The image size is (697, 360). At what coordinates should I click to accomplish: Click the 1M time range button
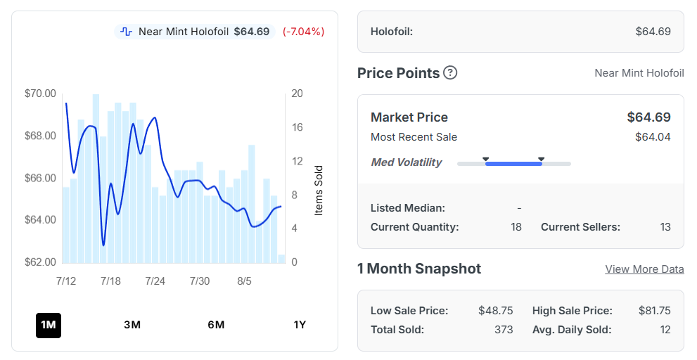[x=49, y=326]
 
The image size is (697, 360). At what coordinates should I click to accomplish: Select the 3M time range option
[x=132, y=325]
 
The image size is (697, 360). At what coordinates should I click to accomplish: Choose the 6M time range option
[x=216, y=325]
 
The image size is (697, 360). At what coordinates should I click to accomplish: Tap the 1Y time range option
[x=300, y=325]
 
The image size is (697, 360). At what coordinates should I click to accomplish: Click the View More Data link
[x=644, y=269]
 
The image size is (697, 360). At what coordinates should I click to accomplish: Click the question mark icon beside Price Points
[x=450, y=72]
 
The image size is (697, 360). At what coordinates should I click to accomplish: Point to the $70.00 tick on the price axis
[x=41, y=94]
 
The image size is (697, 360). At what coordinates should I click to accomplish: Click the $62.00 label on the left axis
[x=41, y=262]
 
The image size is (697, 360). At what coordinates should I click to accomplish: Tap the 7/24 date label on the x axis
[x=155, y=281]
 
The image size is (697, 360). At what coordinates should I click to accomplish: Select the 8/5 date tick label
[x=244, y=281]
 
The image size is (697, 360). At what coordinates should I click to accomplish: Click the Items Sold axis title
[x=319, y=191]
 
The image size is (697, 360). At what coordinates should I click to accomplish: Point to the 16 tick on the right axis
[x=297, y=127]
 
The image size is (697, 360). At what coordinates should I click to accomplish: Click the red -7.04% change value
[x=304, y=32]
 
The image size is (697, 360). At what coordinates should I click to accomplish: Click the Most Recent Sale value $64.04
[x=653, y=137]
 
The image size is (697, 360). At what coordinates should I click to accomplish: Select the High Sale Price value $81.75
[x=655, y=311]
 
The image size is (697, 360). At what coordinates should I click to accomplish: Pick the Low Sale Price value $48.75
[x=496, y=311]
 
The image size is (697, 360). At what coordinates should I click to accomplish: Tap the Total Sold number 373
[x=504, y=330]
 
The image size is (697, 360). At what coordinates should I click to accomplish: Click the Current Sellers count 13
[x=665, y=227]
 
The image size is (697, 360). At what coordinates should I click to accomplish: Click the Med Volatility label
[x=407, y=162]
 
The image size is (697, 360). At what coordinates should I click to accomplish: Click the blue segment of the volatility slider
[x=513, y=164]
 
